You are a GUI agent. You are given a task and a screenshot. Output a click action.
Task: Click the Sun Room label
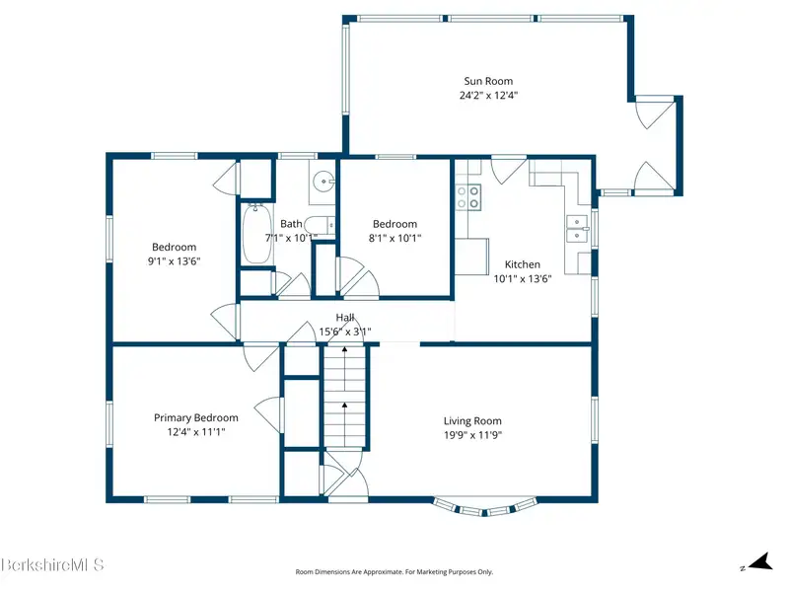488,81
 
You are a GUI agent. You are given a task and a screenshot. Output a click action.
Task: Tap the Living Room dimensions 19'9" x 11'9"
472,435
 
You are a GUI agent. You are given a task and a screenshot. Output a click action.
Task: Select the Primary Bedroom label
195,417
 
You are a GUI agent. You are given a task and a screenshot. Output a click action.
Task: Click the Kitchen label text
523,264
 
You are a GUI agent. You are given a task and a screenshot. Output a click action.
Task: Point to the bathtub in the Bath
256,234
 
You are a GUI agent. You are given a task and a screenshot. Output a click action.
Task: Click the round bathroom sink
323,181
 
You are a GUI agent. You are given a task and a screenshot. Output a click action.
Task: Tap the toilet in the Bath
320,225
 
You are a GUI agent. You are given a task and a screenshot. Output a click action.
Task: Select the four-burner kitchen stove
467,196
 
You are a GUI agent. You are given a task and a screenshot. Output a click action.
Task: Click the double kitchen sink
577,229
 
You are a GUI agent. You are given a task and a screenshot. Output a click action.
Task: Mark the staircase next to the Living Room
344,397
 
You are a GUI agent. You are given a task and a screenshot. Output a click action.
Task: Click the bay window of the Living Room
484,507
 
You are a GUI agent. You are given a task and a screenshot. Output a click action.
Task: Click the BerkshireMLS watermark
52,564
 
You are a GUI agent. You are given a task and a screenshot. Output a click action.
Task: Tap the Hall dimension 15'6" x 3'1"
345,332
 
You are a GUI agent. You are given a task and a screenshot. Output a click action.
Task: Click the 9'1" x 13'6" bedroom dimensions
175,260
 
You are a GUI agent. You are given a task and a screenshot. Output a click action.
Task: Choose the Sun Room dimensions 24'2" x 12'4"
488,95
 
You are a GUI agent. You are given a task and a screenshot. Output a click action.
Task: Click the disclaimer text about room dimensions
394,572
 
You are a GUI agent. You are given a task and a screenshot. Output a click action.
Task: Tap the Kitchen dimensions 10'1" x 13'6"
523,278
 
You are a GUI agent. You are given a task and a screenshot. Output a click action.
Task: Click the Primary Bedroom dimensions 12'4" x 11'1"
195,432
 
